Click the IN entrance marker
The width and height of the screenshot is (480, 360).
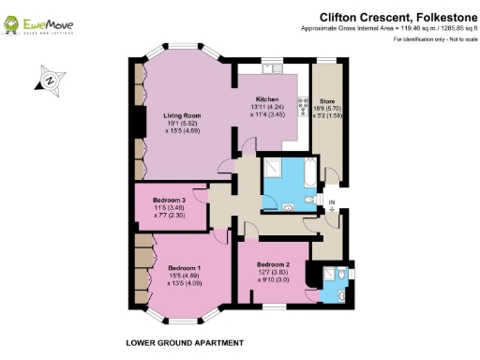tap(332, 201)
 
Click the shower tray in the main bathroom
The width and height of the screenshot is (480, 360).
tap(277, 168)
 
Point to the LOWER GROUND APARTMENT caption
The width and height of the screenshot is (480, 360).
tap(185, 342)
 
